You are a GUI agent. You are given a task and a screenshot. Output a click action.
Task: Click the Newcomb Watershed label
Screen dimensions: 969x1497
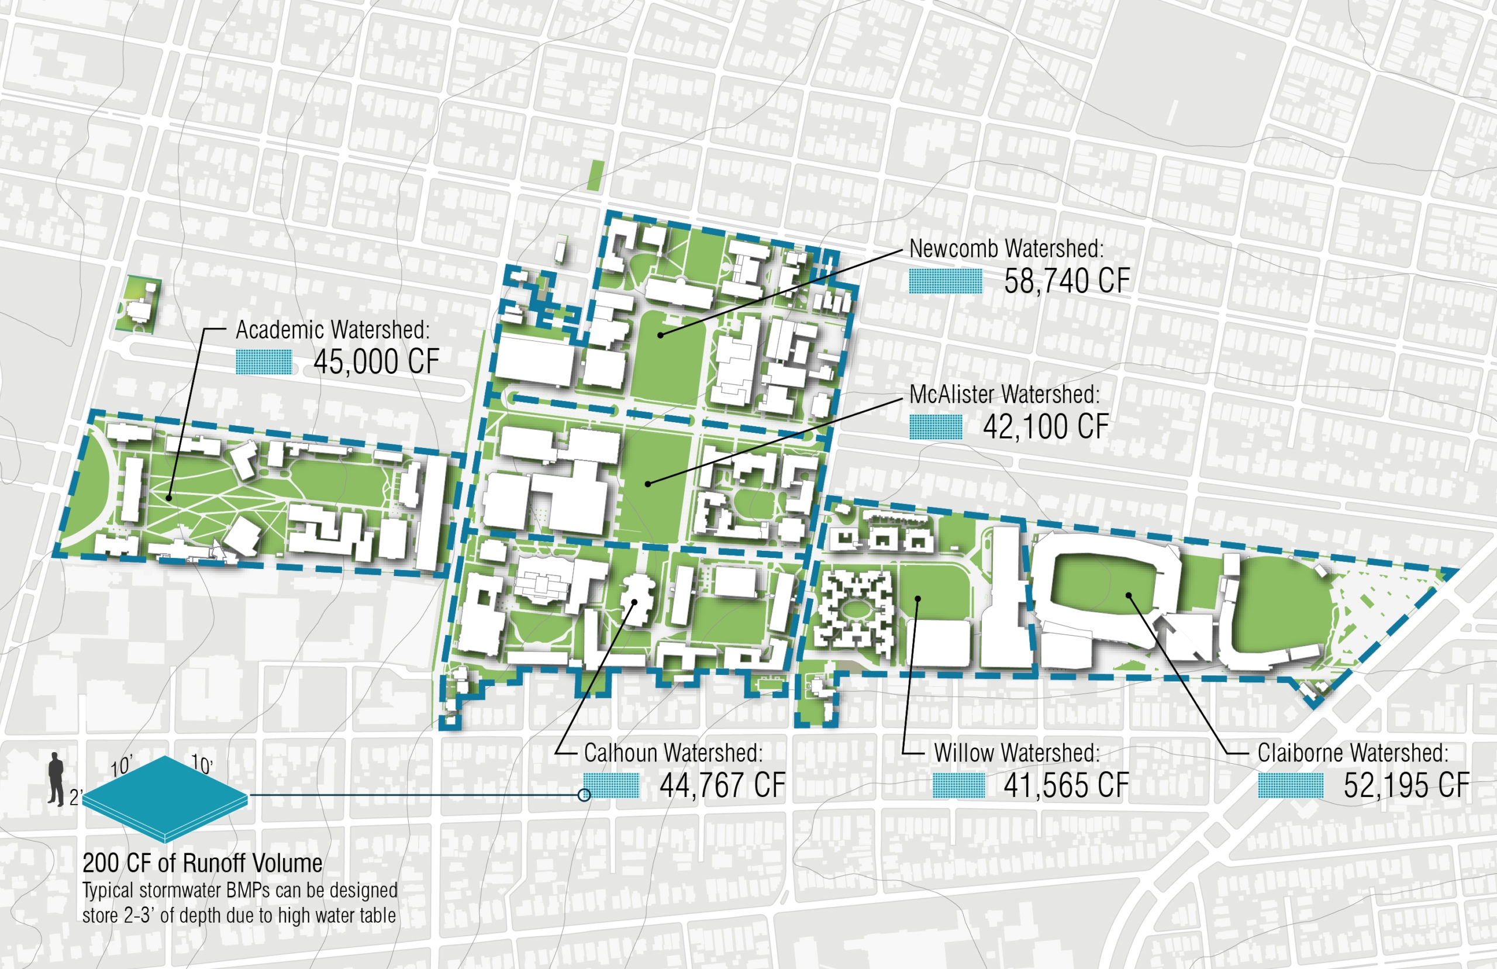[1006, 249]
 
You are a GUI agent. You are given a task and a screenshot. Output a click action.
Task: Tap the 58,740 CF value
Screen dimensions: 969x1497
[1067, 281]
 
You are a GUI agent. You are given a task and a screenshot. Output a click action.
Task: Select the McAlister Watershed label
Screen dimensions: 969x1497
[1005, 395]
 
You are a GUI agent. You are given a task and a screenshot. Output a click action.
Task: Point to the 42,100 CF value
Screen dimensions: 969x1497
[1046, 427]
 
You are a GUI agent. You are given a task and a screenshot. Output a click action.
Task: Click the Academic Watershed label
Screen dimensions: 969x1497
[333, 330]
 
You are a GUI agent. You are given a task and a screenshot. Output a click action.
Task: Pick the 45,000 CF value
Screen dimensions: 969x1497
[376, 362]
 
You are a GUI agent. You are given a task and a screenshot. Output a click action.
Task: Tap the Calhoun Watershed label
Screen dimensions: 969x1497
[673, 753]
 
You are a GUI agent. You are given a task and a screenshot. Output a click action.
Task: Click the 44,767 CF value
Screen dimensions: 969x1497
[723, 785]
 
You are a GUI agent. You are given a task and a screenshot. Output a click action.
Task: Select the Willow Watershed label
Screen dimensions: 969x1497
[1017, 753]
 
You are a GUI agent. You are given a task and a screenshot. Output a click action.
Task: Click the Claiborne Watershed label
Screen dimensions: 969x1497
[1353, 753]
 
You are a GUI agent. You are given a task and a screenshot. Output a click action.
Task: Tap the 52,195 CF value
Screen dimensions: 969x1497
[1406, 785]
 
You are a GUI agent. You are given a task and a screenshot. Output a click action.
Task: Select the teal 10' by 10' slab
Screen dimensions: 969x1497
[165, 798]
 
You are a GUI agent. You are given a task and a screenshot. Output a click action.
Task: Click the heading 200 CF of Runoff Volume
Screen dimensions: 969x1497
[202, 863]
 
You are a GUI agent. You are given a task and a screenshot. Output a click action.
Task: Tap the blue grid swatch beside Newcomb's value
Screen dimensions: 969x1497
[946, 281]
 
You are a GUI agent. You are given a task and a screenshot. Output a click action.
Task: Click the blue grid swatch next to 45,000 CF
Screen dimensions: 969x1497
[264, 363]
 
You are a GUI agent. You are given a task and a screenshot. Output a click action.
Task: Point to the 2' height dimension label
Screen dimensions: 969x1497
[75, 798]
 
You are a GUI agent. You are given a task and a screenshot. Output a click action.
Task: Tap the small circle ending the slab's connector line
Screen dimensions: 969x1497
[584, 795]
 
